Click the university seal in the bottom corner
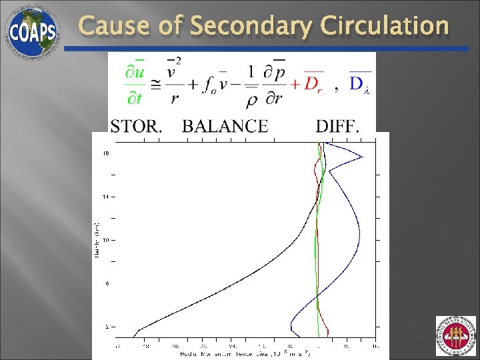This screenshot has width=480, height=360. [x=456, y=336]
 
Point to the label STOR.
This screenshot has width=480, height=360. [x=136, y=126]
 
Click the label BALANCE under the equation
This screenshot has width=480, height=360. [x=225, y=126]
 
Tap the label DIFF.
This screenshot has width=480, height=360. [x=337, y=126]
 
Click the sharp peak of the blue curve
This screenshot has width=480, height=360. [x=362, y=157]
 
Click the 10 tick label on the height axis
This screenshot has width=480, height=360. [x=105, y=240]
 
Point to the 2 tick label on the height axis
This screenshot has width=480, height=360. [x=105, y=327]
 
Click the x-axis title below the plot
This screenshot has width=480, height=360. [x=246, y=353]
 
